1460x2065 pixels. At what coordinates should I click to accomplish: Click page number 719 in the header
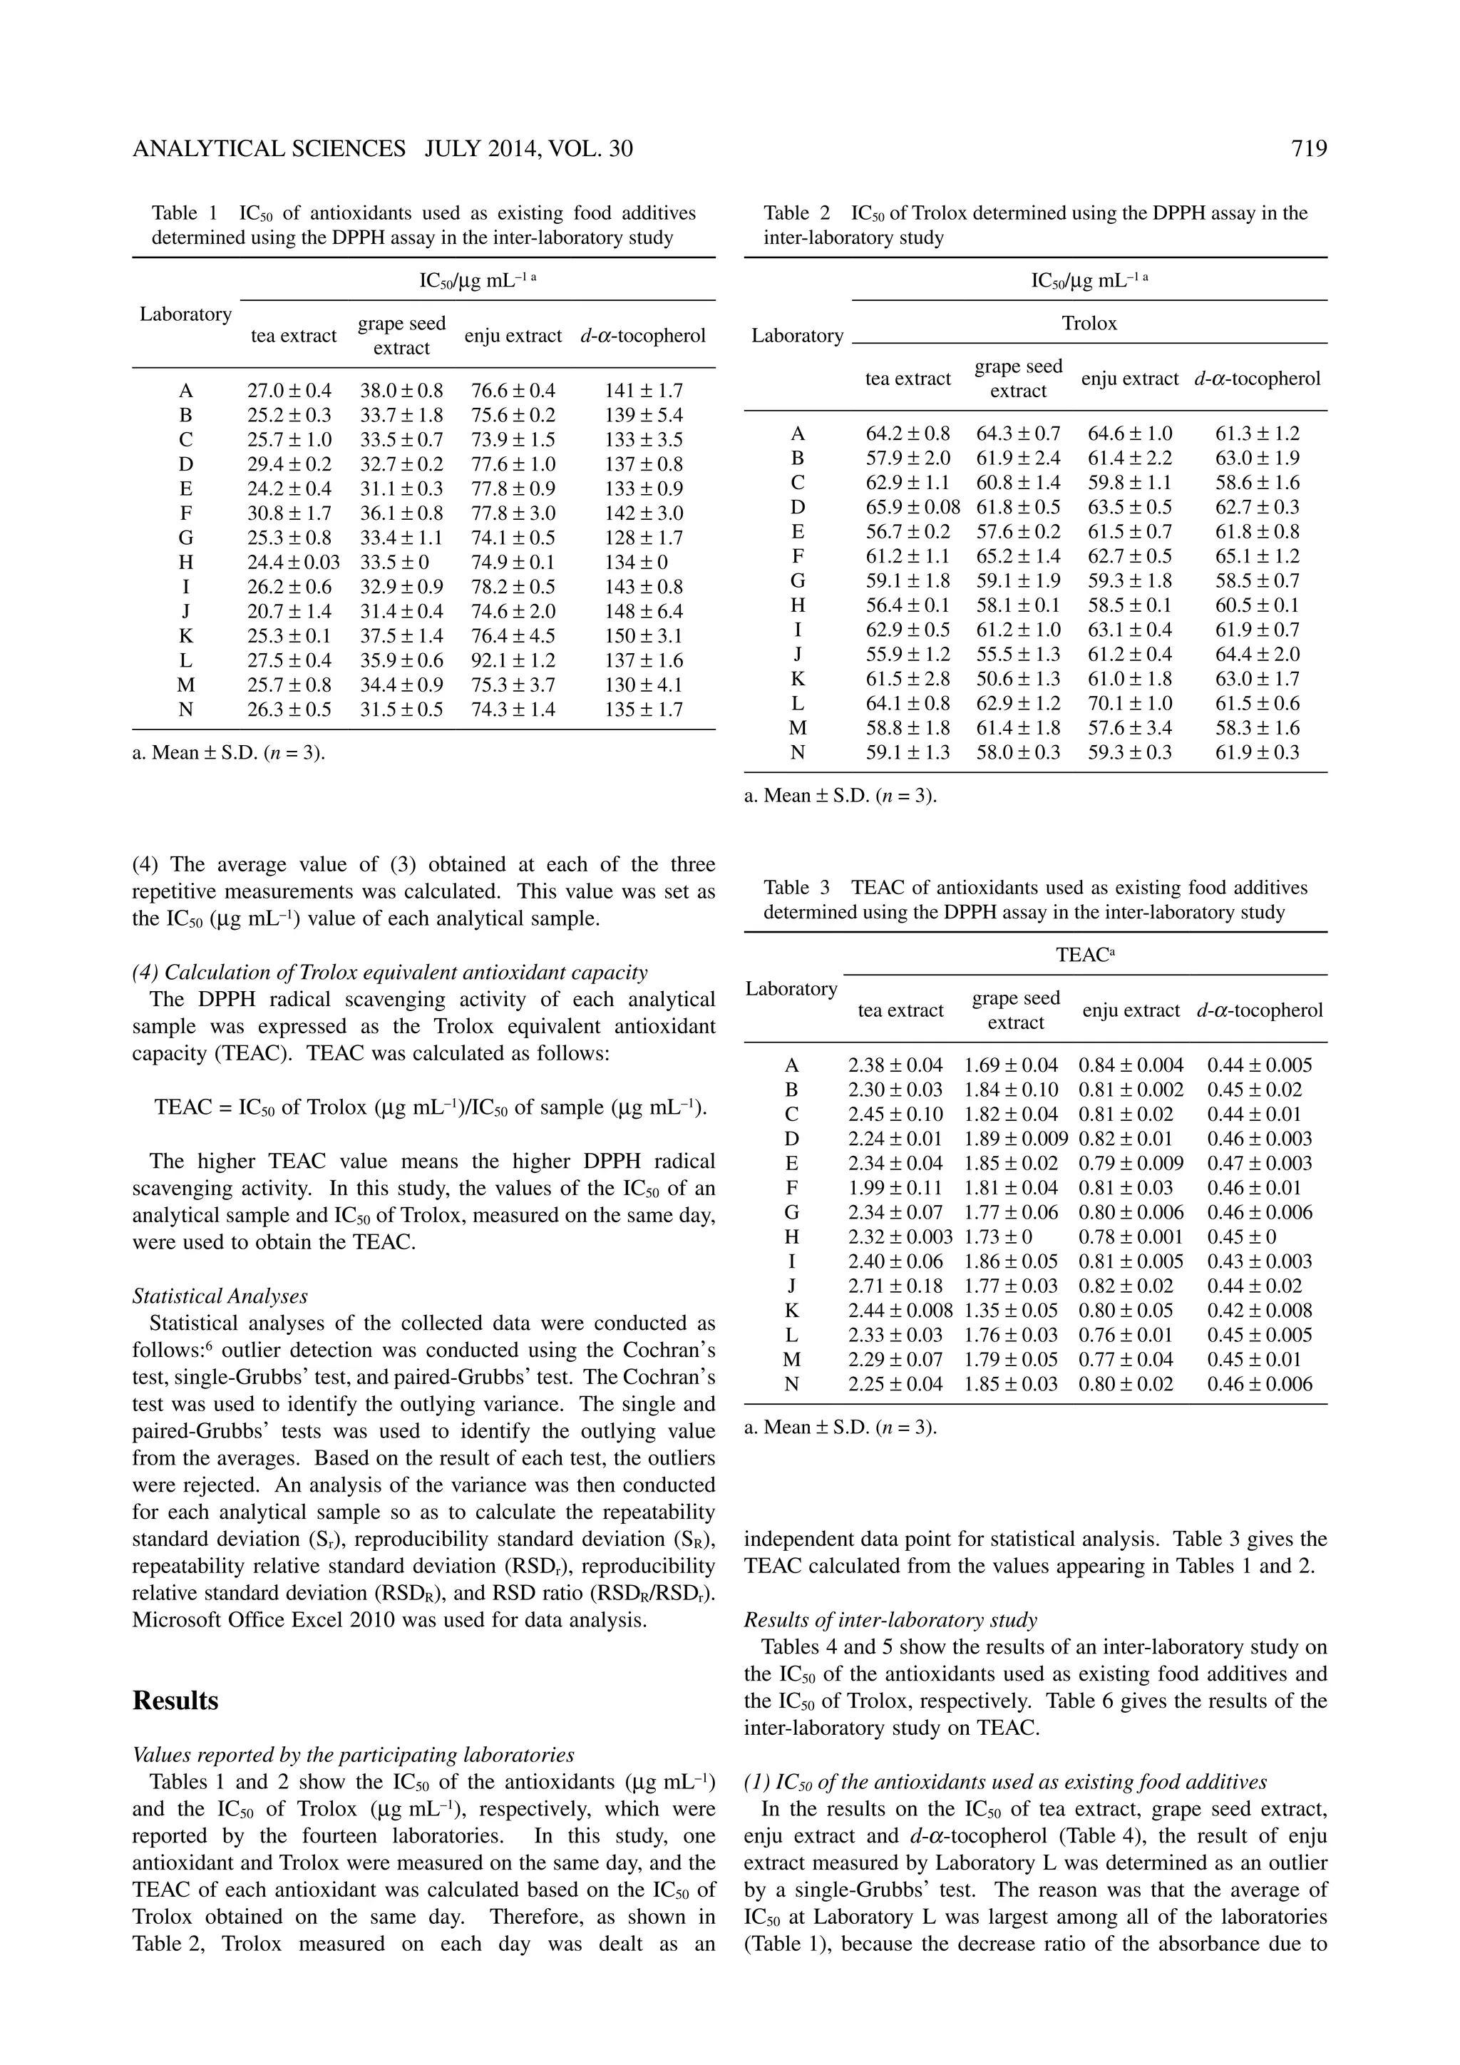1309,149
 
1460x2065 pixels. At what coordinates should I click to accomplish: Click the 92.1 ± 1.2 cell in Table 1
513,660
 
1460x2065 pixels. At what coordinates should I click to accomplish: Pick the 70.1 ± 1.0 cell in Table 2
1129,703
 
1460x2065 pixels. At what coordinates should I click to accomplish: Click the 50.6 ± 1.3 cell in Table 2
1018,679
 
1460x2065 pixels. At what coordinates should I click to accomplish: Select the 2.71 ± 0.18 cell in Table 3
895,1286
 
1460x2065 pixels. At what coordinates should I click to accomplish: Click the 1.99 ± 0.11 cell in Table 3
895,1187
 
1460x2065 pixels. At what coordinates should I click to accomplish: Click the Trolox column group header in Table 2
1089,324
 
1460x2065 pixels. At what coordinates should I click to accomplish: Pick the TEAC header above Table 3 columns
1084,955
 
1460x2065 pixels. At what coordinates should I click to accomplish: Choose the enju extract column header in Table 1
513,337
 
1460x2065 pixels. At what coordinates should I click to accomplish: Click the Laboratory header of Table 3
791,988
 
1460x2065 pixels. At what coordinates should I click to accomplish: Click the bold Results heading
175,1701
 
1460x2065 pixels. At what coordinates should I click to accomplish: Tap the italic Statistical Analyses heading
220,1296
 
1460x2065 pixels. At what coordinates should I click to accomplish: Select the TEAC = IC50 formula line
431,1107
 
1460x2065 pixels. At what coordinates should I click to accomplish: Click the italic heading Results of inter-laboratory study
890,1620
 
